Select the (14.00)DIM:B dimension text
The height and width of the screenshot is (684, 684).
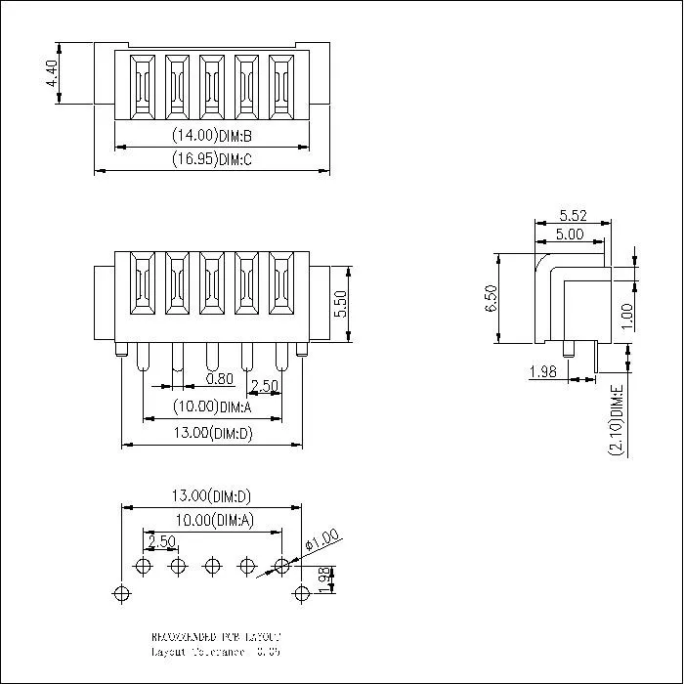pyautogui.click(x=212, y=136)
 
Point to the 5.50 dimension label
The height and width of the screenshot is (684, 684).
pyautogui.click(x=340, y=304)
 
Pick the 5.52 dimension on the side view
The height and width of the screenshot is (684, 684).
pyautogui.click(x=573, y=214)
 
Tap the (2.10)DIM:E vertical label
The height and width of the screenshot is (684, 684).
pyautogui.click(x=616, y=420)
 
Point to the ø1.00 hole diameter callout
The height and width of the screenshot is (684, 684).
pyautogui.click(x=321, y=538)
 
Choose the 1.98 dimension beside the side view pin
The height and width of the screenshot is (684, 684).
pyautogui.click(x=542, y=371)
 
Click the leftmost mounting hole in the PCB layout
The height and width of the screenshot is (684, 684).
pyautogui.click(x=121, y=592)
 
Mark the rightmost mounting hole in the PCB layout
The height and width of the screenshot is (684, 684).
pyautogui.click(x=301, y=592)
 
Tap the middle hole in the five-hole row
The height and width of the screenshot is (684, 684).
pyautogui.click(x=212, y=566)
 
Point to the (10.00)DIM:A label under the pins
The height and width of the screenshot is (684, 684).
pyautogui.click(x=212, y=406)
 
